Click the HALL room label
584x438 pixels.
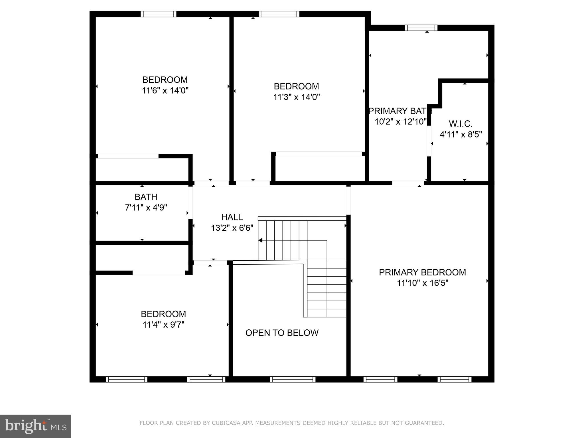[232, 217]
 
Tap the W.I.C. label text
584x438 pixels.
[461, 124]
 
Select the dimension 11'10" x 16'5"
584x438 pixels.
[423, 283]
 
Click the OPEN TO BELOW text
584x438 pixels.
[282, 333]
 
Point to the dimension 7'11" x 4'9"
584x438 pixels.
[146, 208]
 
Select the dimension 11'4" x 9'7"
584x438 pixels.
[163, 325]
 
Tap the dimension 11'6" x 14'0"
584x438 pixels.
[165, 91]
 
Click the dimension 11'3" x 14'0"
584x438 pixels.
[297, 97]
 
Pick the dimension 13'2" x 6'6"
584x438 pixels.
[232, 228]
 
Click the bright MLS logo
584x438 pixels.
[36, 426]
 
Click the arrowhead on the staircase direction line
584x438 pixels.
[260, 240]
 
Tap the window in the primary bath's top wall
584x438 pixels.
[421, 28]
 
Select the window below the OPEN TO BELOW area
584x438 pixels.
[293, 379]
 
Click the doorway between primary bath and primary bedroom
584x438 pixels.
[408, 183]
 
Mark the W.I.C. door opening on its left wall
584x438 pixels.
[429, 141]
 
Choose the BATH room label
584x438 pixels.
[146, 197]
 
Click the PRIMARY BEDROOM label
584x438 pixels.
[422, 272]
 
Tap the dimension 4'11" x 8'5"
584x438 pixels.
[461, 135]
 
